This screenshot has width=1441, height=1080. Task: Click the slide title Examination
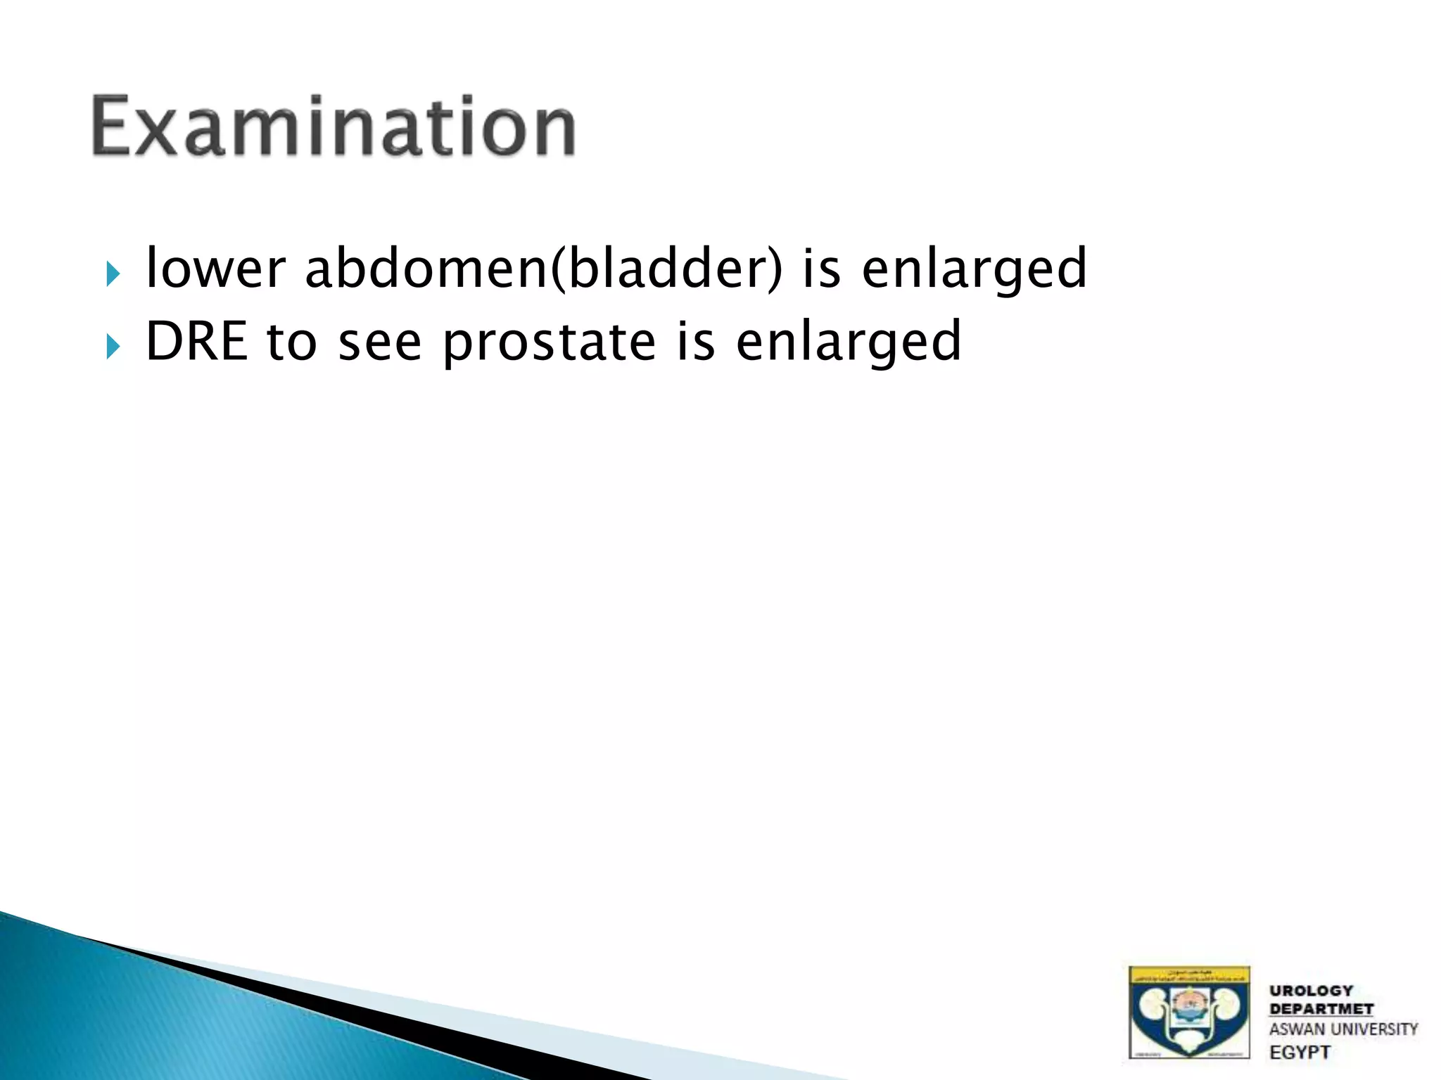pos(334,127)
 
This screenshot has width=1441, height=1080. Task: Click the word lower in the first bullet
pos(215,269)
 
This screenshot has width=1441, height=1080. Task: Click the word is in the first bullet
pos(821,269)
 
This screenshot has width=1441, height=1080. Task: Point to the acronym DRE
pos(196,342)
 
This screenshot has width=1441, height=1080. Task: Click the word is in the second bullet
pos(695,342)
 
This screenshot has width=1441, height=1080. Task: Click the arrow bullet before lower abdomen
pos(113,274)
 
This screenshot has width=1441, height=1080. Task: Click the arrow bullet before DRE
pos(113,346)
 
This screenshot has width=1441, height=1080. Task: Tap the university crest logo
pos(1188,1012)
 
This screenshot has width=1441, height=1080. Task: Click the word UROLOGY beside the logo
pos(1311,991)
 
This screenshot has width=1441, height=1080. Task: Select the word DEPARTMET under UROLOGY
pos(1321,1009)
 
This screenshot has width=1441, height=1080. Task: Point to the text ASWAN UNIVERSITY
pos(1342,1029)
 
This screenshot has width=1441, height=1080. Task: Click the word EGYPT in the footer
pos(1300,1053)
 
